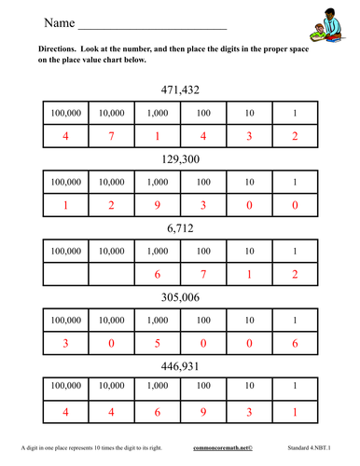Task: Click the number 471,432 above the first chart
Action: click(x=180, y=90)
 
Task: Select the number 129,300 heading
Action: click(x=180, y=160)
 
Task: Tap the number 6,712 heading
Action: click(x=180, y=228)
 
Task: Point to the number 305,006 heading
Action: click(x=180, y=297)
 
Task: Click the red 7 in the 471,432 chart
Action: click(x=111, y=136)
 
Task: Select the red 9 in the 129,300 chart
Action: click(x=157, y=205)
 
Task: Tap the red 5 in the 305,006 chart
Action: click(x=157, y=342)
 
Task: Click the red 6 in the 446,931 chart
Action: click(x=157, y=411)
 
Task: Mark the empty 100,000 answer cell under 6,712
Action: click(x=64, y=274)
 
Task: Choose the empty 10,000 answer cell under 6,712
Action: click(x=111, y=274)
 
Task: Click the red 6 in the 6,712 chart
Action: click(x=157, y=274)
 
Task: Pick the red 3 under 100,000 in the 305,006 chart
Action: click(x=64, y=342)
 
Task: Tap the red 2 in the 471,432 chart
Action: click(x=295, y=136)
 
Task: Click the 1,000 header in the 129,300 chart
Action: click(x=157, y=183)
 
